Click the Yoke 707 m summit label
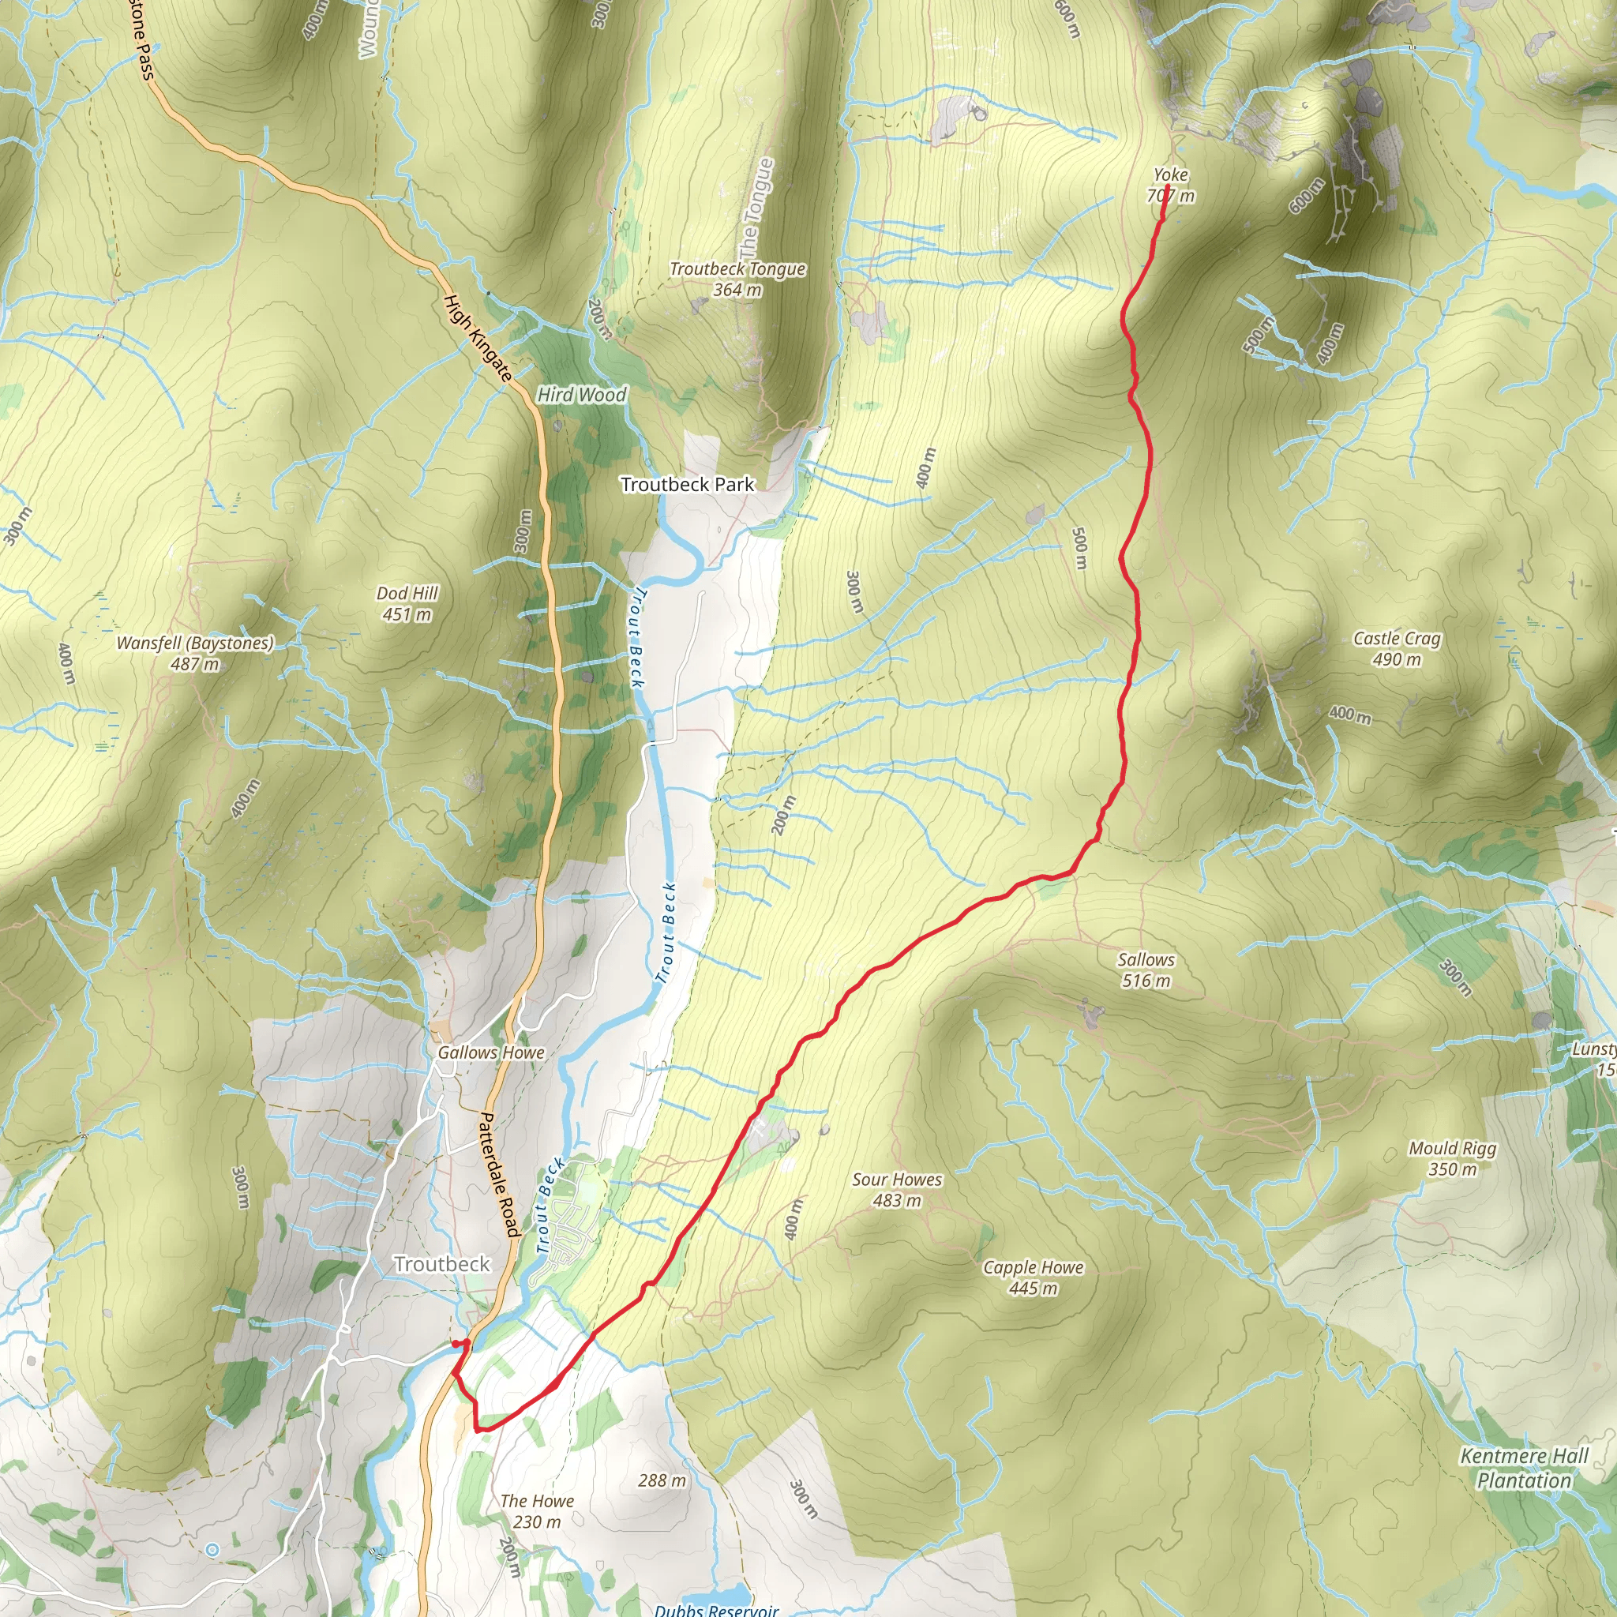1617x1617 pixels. pos(1170,185)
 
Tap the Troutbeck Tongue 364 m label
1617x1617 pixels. pos(737,280)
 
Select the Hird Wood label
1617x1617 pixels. pos(582,394)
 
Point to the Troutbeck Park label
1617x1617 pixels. pos(687,485)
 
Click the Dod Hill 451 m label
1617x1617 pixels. pos(407,603)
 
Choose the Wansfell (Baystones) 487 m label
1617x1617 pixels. pos(195,654)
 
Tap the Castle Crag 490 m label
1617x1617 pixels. pos(1397,649)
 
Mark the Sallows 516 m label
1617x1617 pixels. pos(1146,970)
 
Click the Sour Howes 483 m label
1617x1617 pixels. pos(897,1190)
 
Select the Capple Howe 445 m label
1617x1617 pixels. pos(1033,1278)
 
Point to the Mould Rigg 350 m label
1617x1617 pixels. pos(1452,1158)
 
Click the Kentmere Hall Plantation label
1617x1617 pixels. pos(1523,1468)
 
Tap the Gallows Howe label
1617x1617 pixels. pos(491,1053)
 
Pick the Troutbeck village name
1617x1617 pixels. pos(442,1264)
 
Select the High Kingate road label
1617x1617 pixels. pos(477,338)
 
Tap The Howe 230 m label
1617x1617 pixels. pos(538,1510)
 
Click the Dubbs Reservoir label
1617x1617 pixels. pos(716,1608)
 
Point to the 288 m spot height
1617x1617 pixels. pos(661,1480)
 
